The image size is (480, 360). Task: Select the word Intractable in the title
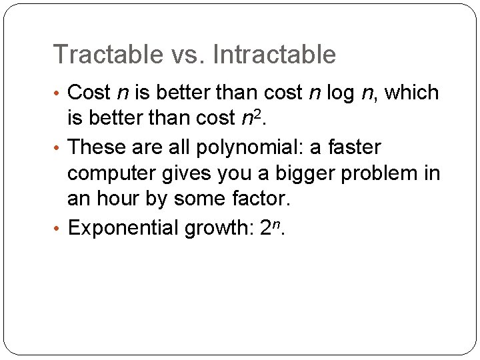(275, 55)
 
